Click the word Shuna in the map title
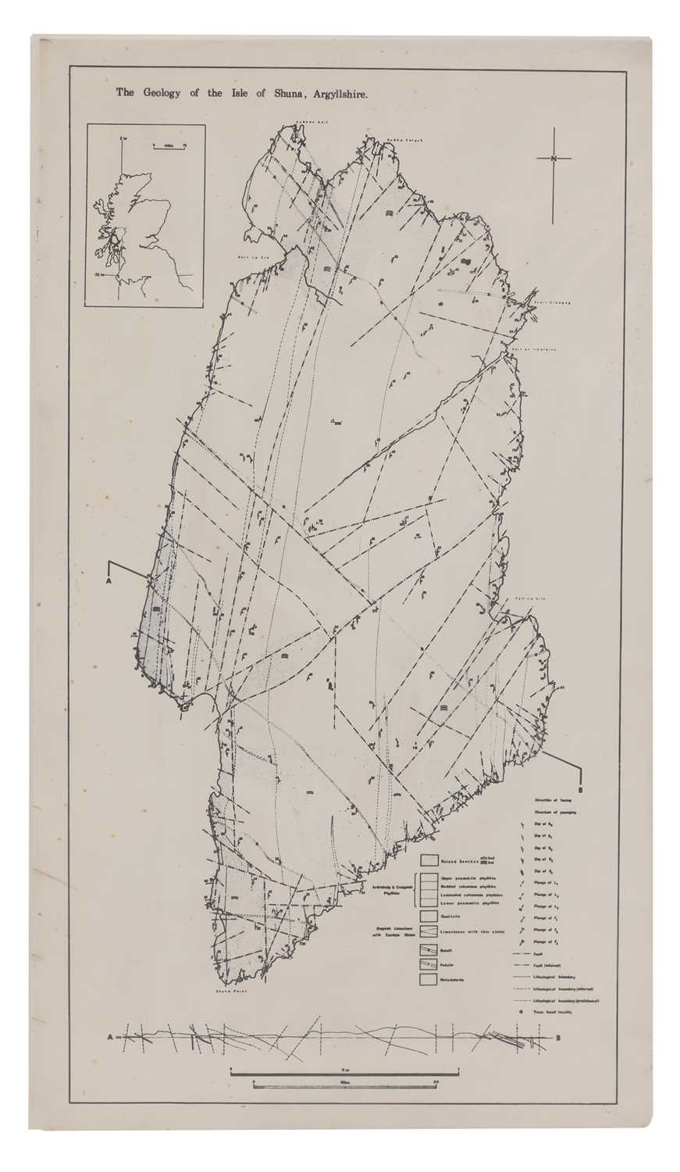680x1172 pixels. (x=288, y=92)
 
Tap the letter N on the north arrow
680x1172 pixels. (x=554, y=159)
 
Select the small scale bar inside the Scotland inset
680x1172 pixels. (x=166, y=146)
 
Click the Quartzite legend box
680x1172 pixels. (x=428, y=916)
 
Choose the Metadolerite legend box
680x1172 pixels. (x=428, y=978)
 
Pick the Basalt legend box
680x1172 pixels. (x=428, y=949)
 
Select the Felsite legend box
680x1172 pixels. (x=428, y=964)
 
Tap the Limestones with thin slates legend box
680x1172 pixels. (x=428, y=931)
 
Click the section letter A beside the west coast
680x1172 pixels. (x=109, y=581)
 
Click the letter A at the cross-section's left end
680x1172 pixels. (x=110, y=1036)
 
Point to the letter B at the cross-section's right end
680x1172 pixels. (x=559, y=1038)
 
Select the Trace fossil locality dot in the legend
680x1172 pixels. (x=520, y=1012)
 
